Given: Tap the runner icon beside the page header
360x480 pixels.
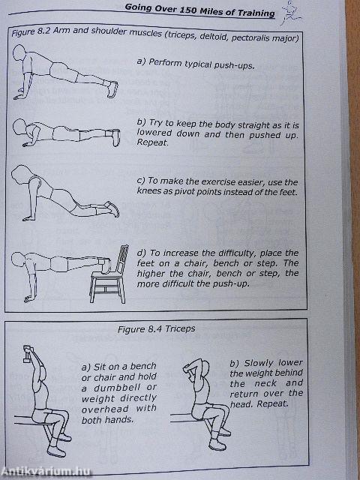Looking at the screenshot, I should [287, 16].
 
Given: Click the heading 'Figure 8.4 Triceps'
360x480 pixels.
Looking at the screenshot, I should [178, 328].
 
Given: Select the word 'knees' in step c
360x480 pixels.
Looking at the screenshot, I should [151, 193].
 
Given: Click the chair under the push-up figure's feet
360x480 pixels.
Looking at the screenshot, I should [107, 282].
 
